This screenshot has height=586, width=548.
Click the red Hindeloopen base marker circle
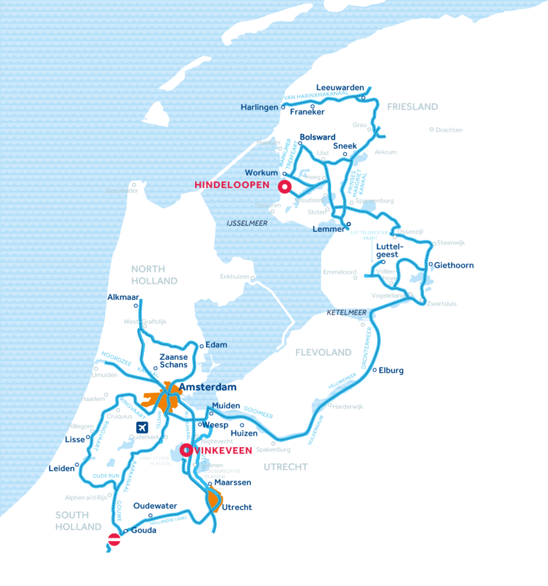[284, 188]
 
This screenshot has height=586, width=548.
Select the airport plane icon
[141, 426]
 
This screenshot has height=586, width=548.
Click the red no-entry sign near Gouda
[115, 540]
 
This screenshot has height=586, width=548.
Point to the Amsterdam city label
[208, 387]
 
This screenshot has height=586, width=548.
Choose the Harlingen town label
[259, 107]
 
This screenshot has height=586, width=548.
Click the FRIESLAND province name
[412, 107]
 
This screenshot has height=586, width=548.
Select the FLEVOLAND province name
[323, 352]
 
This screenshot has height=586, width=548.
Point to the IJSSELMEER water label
[247, 223]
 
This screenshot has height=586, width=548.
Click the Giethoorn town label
[454, 265]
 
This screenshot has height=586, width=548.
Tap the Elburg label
[392, 370]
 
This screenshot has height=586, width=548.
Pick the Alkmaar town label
[123, 298]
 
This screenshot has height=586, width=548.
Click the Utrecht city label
[237, 507]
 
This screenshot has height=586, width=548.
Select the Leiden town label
[63, 468]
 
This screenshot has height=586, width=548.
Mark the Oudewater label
[155, 506]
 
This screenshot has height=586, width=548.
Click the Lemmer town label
[328, 229]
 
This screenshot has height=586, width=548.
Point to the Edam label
[216, 345]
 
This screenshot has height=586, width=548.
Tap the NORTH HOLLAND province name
[154, 275]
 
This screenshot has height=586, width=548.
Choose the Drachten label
[450, 130]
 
